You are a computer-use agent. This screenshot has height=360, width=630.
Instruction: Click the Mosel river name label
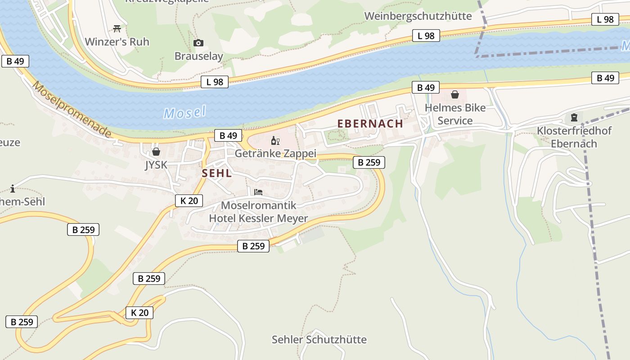coord(184,112)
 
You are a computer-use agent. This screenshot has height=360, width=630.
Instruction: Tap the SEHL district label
coord(217,173)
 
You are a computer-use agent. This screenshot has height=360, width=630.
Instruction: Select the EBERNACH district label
coord(370,124)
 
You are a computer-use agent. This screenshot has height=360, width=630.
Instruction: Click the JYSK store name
coord(156,165)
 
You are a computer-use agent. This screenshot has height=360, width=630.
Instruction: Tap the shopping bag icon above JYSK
coord(156,152)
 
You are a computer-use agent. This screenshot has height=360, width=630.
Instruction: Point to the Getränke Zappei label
coord(275,153)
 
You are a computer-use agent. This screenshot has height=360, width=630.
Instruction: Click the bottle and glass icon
coord(275,141)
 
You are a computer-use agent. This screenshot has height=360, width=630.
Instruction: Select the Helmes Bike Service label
coord(455,114)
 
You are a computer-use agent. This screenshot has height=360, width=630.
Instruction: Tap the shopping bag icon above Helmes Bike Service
coord(455,94)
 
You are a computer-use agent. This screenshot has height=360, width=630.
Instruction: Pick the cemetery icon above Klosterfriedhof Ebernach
coord(574,118)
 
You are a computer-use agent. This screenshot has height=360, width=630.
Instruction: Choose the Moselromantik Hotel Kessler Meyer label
coord(258,212)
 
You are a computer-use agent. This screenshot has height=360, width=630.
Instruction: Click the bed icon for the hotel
coord(258,192)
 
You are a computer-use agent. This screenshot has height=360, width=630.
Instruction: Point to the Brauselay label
coord(198,56)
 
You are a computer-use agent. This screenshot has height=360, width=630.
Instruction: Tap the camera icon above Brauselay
coord(198,43)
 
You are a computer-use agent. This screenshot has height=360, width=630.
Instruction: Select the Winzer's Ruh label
coord(117,42)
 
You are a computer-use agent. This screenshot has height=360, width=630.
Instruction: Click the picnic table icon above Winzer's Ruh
coord(117,29)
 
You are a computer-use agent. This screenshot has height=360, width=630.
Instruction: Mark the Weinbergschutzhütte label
coord(418,16)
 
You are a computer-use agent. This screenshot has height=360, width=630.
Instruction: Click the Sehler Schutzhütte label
coord(319,339)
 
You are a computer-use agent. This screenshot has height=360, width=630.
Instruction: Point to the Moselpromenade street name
coord(72,110)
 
